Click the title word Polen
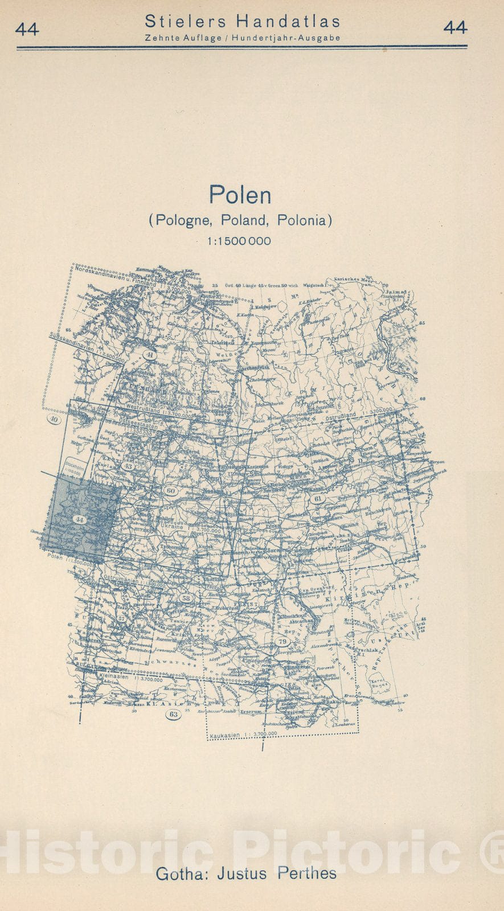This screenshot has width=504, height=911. click(x=240, y=195)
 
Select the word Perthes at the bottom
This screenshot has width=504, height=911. click(x=307, y=873)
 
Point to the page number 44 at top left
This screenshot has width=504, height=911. click(x=27, y=28)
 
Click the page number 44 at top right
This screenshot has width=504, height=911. click(x=455, y=27)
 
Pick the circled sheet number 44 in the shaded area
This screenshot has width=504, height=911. click(x=79, y=519)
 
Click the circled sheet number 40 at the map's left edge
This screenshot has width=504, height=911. click(x=54, y=420)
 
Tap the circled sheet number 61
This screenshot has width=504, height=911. click(x=318, y=499)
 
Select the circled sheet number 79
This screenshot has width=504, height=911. click(x=282, y=642)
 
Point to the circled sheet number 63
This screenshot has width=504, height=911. click(x=174, y=714)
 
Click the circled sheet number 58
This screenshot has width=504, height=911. click(x=186, y=598)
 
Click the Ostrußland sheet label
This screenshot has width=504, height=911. click(x=341, y=415)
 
